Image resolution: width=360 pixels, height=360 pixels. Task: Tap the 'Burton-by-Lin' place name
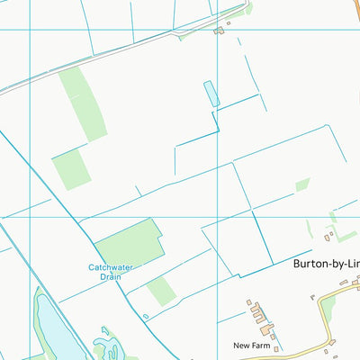pyautogui.click(x=326, y=265)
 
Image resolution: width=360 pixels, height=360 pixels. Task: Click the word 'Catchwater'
pyautogui.click(x=111, y=267)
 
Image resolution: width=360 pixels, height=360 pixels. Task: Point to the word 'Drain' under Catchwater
pyautogui.click(x=111, y=277)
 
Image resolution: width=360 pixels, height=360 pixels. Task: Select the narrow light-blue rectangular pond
pyautogui.click(x=211, y=93)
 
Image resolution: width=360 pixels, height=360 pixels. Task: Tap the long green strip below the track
pyautogui.click(x=83, y=103)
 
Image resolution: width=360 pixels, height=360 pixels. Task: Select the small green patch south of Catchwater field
pyautogui.click(x=161, y=291)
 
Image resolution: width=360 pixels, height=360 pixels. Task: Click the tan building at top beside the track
pyautogui.click(x=219, y=30)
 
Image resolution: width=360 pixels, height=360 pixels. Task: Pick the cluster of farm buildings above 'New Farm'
pyautogui.click(x=260, y=314)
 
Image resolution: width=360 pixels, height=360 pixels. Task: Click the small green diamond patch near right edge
pyautogui.click(x=302, y=184)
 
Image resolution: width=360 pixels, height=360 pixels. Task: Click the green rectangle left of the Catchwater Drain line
pyautogui.click(x=71, y=168)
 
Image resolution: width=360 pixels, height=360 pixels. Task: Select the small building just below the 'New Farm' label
pyautogui.click(x=276, y=349)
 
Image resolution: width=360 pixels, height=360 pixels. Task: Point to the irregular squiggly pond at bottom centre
pyautogui.click(x=110, y=345)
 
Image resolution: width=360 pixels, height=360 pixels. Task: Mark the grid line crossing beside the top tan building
pyautogui.click(x=217, y=30)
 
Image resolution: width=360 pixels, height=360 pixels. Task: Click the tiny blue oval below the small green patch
pyautogui.click(x=145, y=316)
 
